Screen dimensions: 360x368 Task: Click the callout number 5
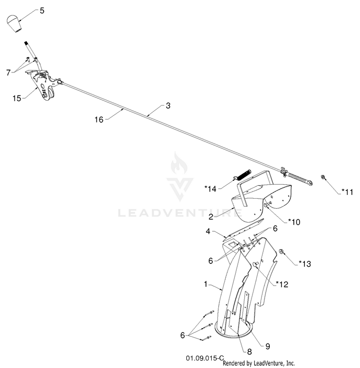pyautogui.click(x=42, y=11)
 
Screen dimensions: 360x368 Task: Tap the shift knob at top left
pyautogui.click(x=14, y=24)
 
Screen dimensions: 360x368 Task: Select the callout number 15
pyautogui.click(x=17, y=98)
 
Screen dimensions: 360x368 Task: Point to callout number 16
pyautogui.click(x=99, y=119)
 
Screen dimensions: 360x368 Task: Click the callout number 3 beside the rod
pyautogui.click(x=168, y=106)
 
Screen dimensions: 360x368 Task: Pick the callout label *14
pyautogui.click(x=210, y=189)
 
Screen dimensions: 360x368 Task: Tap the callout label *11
pyautogui.click(x=348, y=192)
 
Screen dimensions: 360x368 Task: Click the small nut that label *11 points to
pyautogui.click(x=323, y=177)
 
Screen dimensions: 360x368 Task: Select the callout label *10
pyautogui.click(x=294, y=222)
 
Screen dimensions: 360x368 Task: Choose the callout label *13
pyautogui.click(x=305, y=264)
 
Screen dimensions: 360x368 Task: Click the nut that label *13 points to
pyautogui.click(x=281, y=251)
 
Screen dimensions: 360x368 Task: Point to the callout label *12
pyautogui.click(x=282, y=285)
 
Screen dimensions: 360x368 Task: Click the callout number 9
pyautogui.click(x=267, y=346)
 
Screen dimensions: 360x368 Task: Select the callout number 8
pyautogui.click(x=250, y=352)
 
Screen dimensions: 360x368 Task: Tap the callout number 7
pyautogui.click(x=9, y=73)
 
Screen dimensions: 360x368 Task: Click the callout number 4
pyautogui.click(x=208, y=231)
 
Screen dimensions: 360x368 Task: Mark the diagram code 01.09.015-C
pyautogui.click(x=205, y=358)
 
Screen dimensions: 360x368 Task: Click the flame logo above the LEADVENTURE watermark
pyautogui.click(x=180, y=163)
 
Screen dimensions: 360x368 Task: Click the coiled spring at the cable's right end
pyautogui.click(x=298, y=178)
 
